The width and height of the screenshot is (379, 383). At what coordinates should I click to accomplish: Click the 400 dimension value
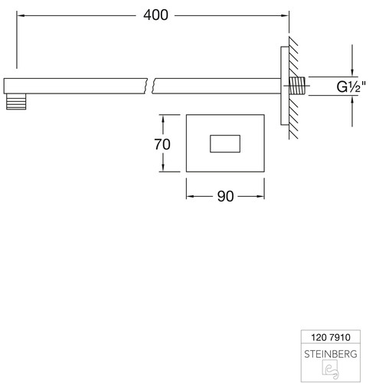click(155, 15)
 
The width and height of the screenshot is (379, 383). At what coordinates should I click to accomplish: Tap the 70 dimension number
click(162, 144)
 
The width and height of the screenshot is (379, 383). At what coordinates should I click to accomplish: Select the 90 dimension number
click(225, 196)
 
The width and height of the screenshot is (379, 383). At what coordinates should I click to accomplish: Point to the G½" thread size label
click(351, 87)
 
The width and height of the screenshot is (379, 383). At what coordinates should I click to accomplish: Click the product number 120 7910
click(331, 337)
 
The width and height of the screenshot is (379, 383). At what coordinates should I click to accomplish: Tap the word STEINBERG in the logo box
click(331, 354)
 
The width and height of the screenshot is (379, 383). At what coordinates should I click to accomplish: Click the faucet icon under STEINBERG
click(331, 369)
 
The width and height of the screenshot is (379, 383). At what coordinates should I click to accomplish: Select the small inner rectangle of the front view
click(225, 143)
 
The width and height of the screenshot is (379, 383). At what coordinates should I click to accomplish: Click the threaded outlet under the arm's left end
click(16, 102)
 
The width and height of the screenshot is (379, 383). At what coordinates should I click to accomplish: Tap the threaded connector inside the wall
click(298, 86)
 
